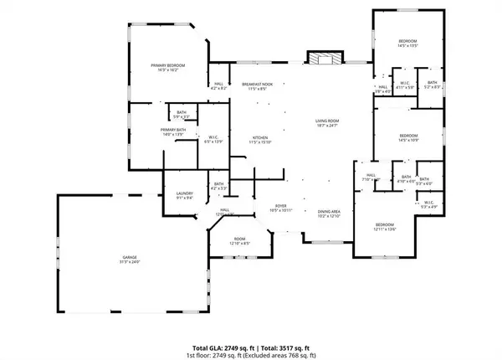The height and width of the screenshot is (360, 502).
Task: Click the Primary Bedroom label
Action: coord(167,67)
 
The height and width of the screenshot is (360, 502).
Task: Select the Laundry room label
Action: coord(184,195)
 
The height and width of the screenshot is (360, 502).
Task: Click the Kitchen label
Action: coord(260,140)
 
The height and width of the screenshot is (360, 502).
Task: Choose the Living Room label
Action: coord(325,123)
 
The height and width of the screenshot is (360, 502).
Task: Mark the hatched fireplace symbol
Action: coord(322,59)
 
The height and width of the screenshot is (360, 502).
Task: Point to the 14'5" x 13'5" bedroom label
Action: coord(407,44)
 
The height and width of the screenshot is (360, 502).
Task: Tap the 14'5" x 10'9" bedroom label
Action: coord(407,138)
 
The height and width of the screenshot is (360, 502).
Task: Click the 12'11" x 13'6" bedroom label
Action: coord(384,227)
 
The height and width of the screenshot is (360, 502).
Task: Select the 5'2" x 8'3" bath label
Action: coord(432,84)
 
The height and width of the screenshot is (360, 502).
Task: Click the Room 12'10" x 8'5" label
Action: coord(240,241)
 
